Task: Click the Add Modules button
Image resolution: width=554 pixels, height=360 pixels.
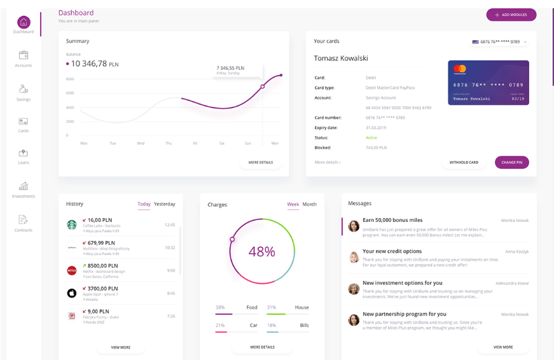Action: pos(511,15)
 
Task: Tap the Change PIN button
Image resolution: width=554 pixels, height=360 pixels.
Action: pos(511,162)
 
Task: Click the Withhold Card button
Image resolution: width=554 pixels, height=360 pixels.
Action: pos(464,162)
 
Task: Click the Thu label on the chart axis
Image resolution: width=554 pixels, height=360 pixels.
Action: pos(169,143)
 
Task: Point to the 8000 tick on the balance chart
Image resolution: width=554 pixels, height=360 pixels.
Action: pos(70,79)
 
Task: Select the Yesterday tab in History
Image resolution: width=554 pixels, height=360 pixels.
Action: pos(164,204)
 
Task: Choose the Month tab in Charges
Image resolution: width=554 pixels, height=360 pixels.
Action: pos(309,204)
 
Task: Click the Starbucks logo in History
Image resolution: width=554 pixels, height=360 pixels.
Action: pos(72,225)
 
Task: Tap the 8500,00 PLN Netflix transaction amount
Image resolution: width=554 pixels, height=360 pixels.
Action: pos(102,266)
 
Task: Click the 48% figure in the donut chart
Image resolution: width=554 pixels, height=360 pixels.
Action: pos(261,251)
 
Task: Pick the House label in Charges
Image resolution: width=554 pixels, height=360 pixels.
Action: pos(301,307)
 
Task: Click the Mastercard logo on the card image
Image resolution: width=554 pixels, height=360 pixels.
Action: pos(460,69)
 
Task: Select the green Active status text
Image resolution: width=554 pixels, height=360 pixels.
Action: pos(371,137)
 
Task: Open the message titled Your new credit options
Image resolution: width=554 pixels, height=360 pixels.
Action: pos(392,251)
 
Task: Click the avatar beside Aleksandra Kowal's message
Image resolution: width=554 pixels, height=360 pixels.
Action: pos(354,288)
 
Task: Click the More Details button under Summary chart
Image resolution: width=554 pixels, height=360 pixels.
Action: pos(261,162)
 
